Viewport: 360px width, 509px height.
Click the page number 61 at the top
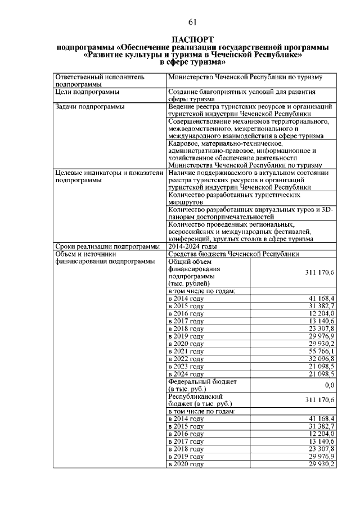[x=192, y=22]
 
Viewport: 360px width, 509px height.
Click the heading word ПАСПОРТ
[x=192, y=40]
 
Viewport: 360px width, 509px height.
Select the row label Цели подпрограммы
[x=87, y=92]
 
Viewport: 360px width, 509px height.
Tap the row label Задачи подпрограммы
[x=89, y=106]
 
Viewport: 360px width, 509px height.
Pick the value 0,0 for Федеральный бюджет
[x=330, y=385]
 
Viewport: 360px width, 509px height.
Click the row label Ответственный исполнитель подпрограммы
[x=100, y=80]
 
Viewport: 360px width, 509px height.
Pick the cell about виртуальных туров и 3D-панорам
[x=250, y=213]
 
